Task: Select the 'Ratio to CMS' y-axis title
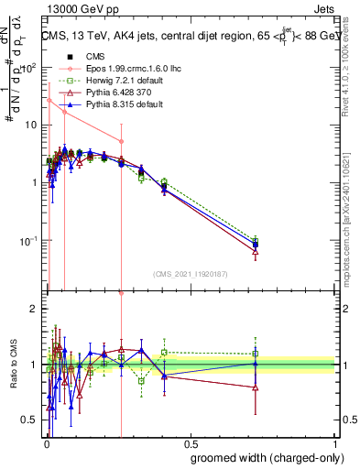pos(13,365)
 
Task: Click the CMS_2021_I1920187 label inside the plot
pos(190,273)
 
